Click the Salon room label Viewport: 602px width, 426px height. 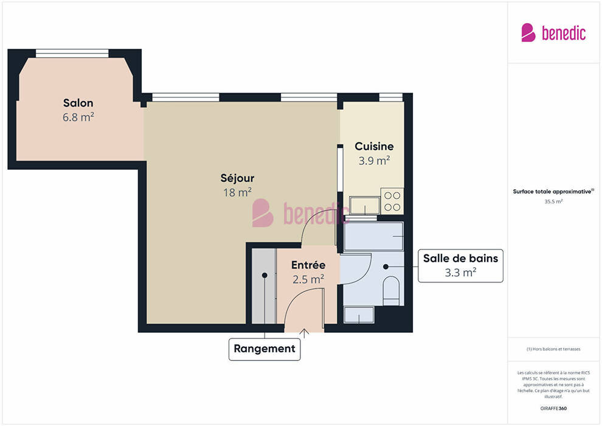click(x=78, y=103)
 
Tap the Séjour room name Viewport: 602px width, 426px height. click(x=237, y=178)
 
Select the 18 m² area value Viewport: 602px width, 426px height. click(x=237, y=192)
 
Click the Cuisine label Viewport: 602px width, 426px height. click(x=374, y=146)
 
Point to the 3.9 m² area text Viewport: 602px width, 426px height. click(x=374, y=161)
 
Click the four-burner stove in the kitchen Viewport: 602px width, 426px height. click(x=392, y=201)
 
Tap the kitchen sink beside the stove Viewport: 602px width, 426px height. click(x=364, y=205)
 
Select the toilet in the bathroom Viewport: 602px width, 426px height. click(x=392, y=291)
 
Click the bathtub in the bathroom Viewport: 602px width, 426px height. click(x=374, y=236)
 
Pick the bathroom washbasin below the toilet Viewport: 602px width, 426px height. click(x=359, y=315)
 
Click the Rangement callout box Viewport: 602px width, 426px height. click(x=265, y=349)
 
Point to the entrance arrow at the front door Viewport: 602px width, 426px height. click(x=304, y=333)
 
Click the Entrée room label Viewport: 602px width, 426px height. click(x=308, y=265)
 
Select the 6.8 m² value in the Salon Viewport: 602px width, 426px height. click(x=78, y=117)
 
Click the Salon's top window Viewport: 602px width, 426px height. click(x=72, y=54)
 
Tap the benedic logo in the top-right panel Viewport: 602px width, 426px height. click(x=553, y=33)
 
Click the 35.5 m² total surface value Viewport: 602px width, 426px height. click(x=553, y=201)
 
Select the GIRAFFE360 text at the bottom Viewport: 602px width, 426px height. click(x=553, y=408)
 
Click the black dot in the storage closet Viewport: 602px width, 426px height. click(x=265, y=276)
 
